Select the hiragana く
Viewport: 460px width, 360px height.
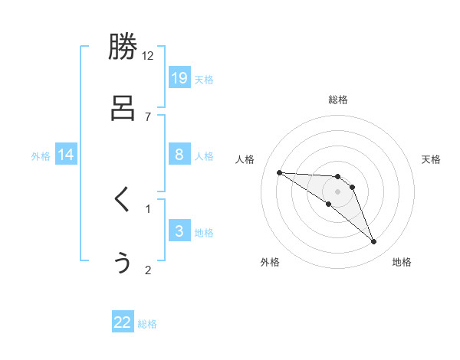[x=122, y=200]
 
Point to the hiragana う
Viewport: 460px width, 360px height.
[x=123, y=262]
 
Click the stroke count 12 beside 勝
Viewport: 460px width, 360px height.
[x=148, y=55]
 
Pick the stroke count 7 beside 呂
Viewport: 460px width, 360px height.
[x=148, y=116]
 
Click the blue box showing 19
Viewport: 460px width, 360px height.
[x=179, y=77]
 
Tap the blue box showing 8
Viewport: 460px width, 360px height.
[x=179, y=154]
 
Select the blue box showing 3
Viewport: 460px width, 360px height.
[x=179, y=231]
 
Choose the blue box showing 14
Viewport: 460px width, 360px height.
[x=66, y=155]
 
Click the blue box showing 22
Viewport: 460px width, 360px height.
[x=123, y=322]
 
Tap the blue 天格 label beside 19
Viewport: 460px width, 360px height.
[x=204, y=80]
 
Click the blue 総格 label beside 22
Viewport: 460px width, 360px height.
[x=147, y=325]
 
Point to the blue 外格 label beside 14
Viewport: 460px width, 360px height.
[x=41, y=156]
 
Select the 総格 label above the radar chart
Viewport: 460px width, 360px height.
[x=338, y=100]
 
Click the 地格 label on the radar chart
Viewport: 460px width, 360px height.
[x=402, y=262]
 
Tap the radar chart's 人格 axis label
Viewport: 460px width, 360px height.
[x=245, y=159]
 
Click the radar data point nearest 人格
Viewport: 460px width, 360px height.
[x=279, y=172]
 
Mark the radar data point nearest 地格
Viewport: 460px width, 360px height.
[x=374, y=242]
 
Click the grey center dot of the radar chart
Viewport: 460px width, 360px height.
[x=338, y=191]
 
